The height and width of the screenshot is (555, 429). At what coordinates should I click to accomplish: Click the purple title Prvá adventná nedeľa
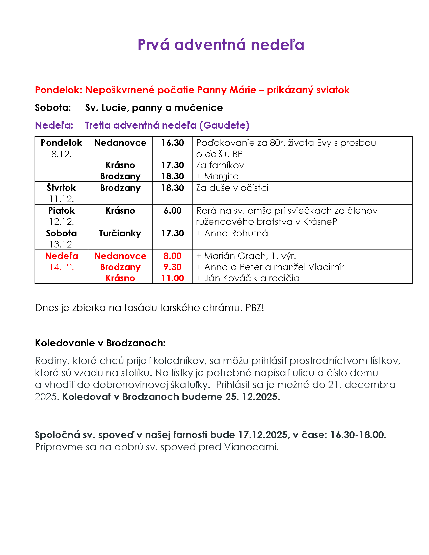(221, 45)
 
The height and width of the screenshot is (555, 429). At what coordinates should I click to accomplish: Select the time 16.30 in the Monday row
(172, 143)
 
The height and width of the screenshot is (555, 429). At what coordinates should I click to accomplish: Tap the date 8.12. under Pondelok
(61, 154)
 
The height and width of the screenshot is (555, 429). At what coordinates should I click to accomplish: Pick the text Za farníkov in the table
(220, 165)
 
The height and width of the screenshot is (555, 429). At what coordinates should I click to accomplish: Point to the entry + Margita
(218, 176)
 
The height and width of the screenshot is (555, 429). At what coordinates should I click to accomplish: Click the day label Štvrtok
(61, 188)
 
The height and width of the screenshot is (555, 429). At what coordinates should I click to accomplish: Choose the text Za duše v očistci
(232, 188)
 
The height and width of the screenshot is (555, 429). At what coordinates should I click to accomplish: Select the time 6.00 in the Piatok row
(172, 210)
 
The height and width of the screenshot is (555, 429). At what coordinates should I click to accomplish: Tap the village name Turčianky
(120, 233)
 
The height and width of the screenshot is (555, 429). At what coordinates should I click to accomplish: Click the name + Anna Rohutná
(232, 233)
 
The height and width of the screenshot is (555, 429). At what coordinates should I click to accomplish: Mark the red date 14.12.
(61, 267)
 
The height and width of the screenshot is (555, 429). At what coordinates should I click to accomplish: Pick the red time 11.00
(172, 278)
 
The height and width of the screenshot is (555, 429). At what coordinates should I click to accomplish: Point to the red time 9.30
(172, 267)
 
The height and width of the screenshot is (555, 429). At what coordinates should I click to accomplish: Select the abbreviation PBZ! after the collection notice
(255, 308)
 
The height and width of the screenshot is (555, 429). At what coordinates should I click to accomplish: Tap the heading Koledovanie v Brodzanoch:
(100, 343)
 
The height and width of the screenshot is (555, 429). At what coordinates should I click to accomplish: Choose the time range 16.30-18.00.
(358, 435)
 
